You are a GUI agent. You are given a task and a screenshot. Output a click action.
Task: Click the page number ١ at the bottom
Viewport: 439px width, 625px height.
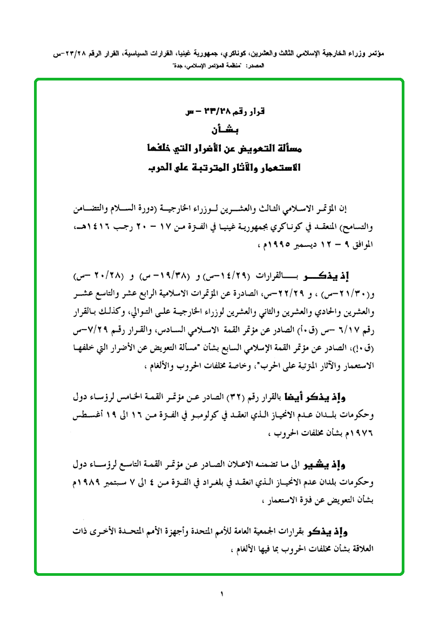pos(221,594)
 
